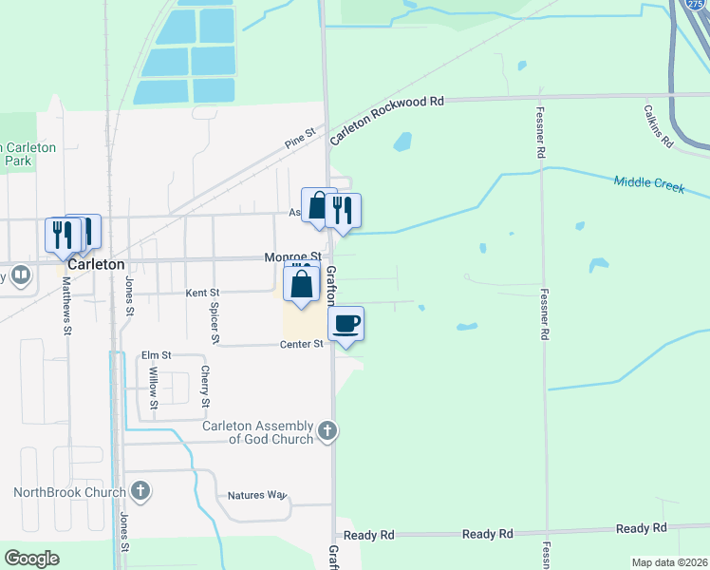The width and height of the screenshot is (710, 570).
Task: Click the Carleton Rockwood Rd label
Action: point(387,120)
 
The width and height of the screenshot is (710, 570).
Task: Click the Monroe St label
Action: point(292,257)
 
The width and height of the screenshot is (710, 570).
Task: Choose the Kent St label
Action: point(202,293)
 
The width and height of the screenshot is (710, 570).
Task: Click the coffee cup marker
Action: point(346,323)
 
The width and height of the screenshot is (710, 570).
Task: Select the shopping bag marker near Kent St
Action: point(301,284)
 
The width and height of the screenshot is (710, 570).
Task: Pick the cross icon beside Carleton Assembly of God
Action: point(327,430)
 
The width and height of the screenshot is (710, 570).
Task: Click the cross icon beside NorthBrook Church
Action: point(140,491)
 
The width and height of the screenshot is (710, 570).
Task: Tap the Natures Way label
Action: point(257,495)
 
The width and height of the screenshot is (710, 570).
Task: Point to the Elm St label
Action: point(155,355)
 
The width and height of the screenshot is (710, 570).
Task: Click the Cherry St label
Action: point(204,387)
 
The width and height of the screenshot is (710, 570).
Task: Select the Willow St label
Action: point(153,385)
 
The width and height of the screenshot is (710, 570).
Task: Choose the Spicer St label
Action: point(215,322)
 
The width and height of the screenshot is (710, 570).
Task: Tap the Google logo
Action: point(31,559)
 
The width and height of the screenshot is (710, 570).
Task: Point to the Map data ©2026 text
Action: point(668,562)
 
